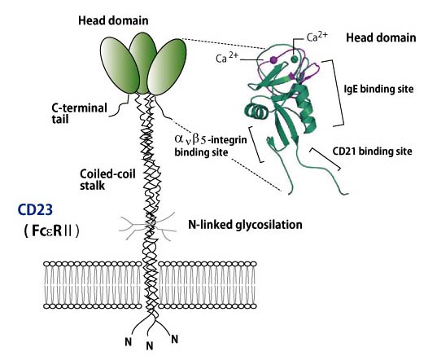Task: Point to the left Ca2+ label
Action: click(227, 58)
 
